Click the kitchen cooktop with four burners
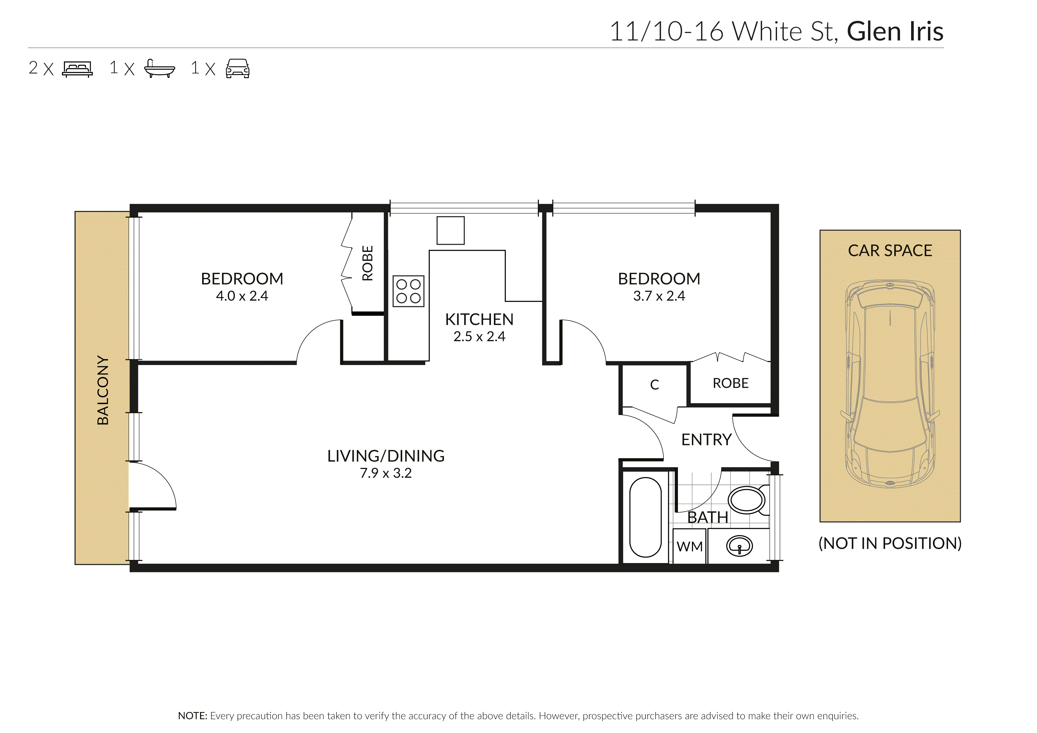[408, 291]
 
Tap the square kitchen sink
[450, 230]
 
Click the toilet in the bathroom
[747, 500]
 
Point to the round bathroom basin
[739, 546]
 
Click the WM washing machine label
[690, 547]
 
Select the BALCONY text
[103, 390]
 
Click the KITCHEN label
[479, 320]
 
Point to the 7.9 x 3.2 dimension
[386, 473]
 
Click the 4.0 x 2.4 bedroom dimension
[242, 296]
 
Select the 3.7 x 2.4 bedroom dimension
[659, 296]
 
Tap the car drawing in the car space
[890, 384]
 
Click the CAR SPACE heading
[890, 250]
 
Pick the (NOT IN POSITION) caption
[890, 543]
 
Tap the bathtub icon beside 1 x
[159, 69]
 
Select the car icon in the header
[238, 69]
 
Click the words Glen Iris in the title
[895, 32]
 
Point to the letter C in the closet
[655, 385]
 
